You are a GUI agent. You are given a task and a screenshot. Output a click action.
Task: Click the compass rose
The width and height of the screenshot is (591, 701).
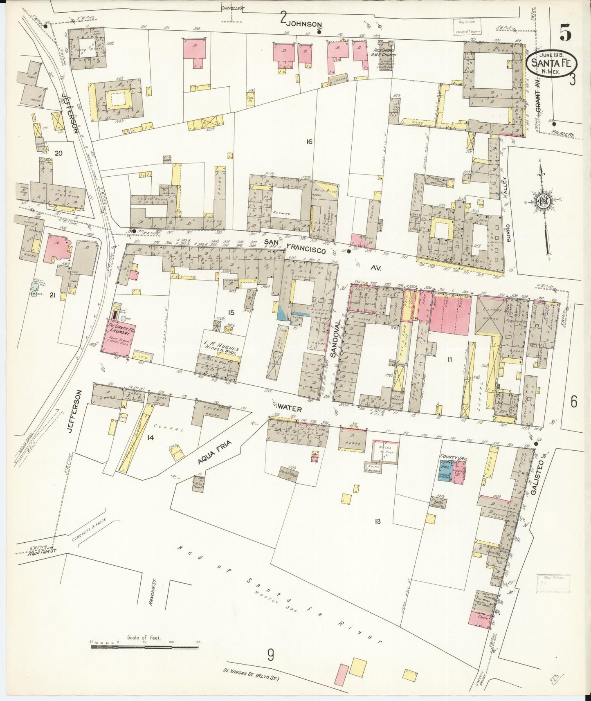542,200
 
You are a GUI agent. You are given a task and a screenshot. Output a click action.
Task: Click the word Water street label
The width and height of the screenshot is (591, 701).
290,408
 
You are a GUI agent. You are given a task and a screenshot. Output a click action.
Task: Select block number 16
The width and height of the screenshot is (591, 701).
309,142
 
